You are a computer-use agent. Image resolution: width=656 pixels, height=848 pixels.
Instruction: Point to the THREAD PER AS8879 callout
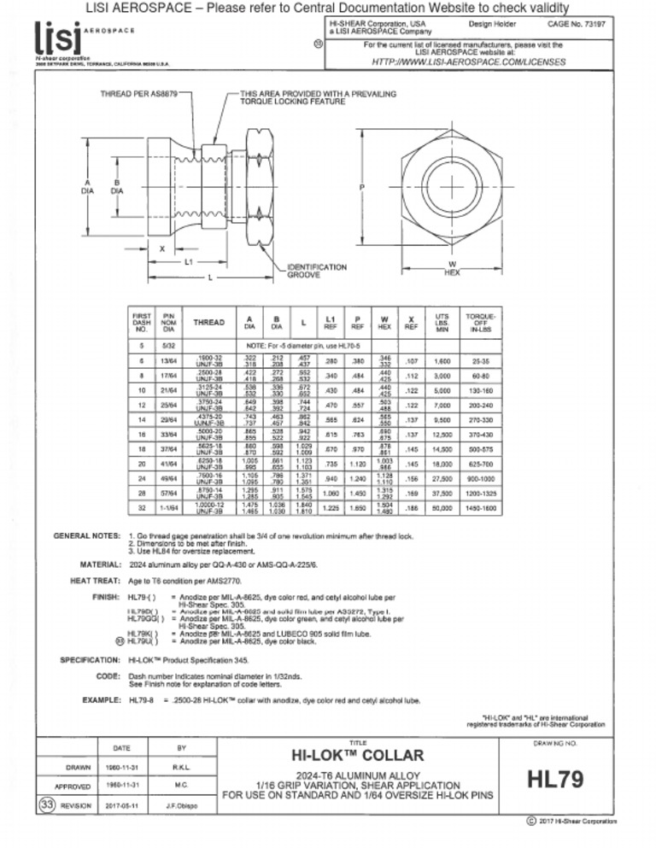click(x=139, y=93)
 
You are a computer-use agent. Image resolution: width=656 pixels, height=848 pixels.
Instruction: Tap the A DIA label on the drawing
click(x=87, y=186)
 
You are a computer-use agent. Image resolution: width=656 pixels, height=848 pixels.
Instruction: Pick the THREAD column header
click(x=209, y=323)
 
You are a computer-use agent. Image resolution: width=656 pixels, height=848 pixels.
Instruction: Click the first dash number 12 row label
click(x=140, y=405)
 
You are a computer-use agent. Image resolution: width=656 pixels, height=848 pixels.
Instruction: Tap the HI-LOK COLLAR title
click(x=358, y=756)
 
